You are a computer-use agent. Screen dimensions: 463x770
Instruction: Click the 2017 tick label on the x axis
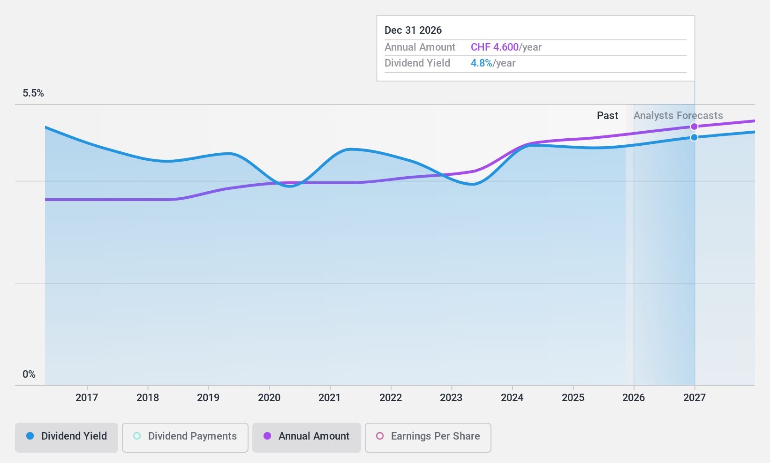point(87,397)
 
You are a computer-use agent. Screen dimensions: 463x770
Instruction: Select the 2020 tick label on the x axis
point(269,397)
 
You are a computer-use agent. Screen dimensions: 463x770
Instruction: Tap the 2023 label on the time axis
point(451,397)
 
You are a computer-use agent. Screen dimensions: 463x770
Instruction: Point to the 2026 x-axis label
point(634,397)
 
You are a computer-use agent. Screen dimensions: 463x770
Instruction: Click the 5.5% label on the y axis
point(33,93)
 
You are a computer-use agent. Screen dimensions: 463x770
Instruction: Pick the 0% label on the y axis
point(29,374)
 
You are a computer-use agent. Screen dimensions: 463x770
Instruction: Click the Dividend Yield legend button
point(67,436)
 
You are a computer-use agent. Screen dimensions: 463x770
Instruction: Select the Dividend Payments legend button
point(185,436)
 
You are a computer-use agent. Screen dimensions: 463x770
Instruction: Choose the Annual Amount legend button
point(307,436)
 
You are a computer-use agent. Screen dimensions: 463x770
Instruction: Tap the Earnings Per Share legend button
point(428,436)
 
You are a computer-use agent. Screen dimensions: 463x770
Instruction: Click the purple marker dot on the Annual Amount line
point(694,127)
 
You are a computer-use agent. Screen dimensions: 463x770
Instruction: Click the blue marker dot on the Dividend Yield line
point(694,137)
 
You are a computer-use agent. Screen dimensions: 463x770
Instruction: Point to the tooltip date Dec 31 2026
point(413,30)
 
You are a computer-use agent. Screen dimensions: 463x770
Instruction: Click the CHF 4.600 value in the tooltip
point(495,47)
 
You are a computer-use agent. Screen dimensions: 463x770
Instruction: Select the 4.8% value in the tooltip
point(482,63)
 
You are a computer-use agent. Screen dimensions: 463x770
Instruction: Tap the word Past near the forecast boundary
point(607,116)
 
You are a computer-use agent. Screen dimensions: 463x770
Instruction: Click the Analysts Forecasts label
point(678,116)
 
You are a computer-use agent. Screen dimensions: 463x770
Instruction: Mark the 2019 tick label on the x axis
point(208,397)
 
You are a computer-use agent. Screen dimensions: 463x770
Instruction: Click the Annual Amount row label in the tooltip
point(420,47)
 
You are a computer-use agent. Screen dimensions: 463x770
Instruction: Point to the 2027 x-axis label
point(694,397)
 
